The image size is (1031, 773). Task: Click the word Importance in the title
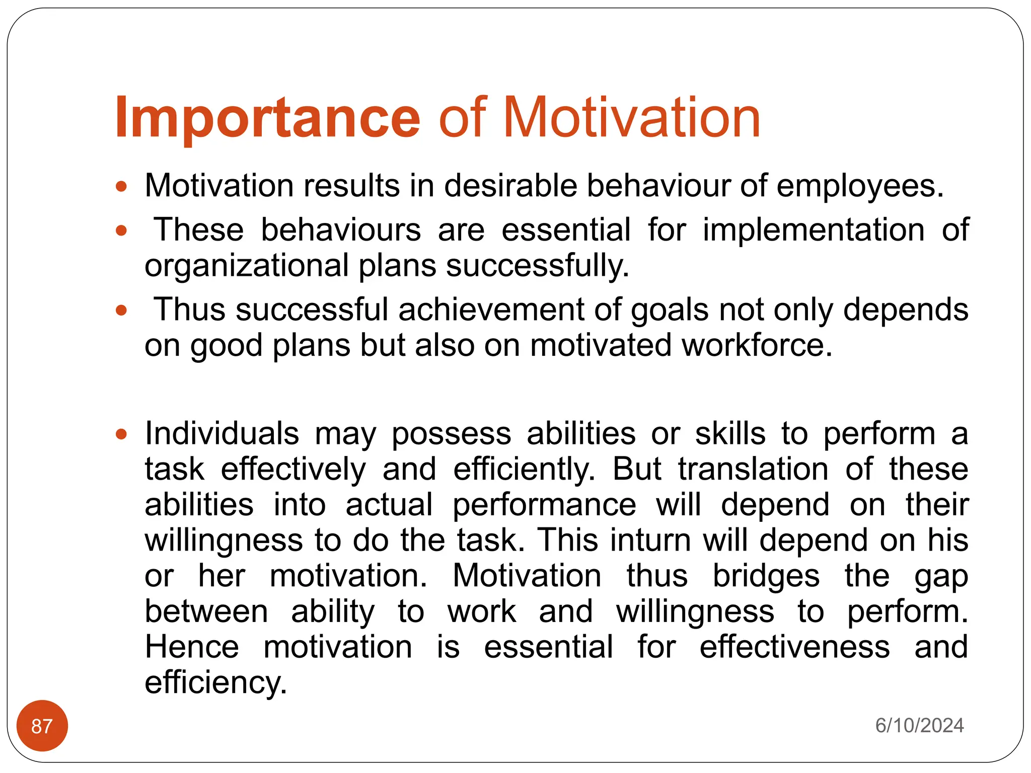click(x=267, y=119)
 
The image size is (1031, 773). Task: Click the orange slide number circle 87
click(x=42, y=726)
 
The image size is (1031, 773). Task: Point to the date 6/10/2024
click(x=919, y=725)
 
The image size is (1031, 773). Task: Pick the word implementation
click(x=814, y=230)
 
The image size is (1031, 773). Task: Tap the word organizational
click(x=247, y=266)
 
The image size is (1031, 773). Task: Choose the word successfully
click(x=537, y=266)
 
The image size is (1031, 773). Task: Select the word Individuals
click(x=222, y=433)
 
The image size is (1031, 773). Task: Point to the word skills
click(x=730, y=433)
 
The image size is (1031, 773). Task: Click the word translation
click(x=753, y=469)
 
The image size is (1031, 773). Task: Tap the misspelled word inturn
click(x=650, y=540)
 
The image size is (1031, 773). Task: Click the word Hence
click(x=192, y=647)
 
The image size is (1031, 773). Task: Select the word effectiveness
click(x=794, y=647)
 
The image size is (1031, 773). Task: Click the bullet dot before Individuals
click(x=121, y=434)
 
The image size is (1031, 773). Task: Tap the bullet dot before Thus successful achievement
click(x=121, y=310)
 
